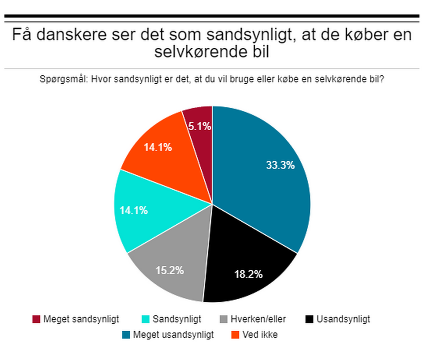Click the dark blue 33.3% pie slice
pyautogui.click(x=262, y=180)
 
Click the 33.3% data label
pyautogui.click(x=280, y=165)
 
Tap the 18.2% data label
pyautogui.click(x=248, y=274)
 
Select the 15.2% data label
pyautogui.click(x=169, y=271)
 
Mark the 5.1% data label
pyautogui.click(x=199, y=127)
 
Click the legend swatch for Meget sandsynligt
pyautogui.click(x=37, y=319)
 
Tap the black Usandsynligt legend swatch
pyautogui.click(x=309, y=319)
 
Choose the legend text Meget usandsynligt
pyautogui.click(x=174, y=335)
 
